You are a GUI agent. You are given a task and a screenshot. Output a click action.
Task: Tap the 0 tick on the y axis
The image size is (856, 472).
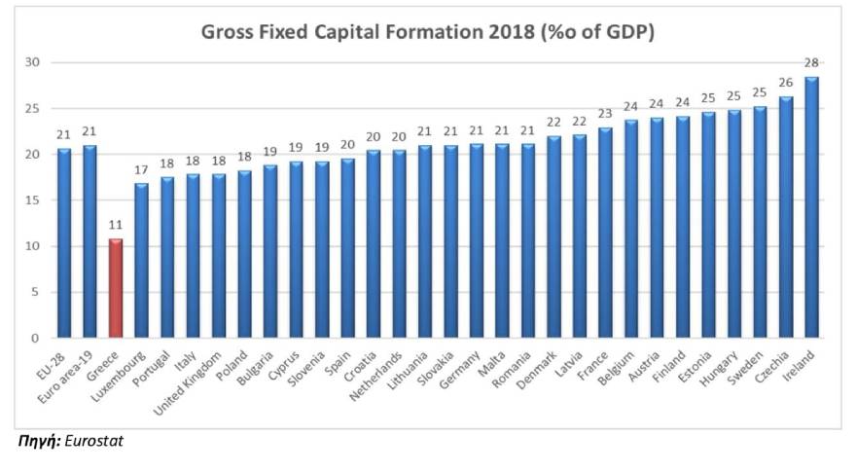(x=36, y=339)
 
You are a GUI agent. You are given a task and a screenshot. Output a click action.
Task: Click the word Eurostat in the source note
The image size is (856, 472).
(x=94, y=441)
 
